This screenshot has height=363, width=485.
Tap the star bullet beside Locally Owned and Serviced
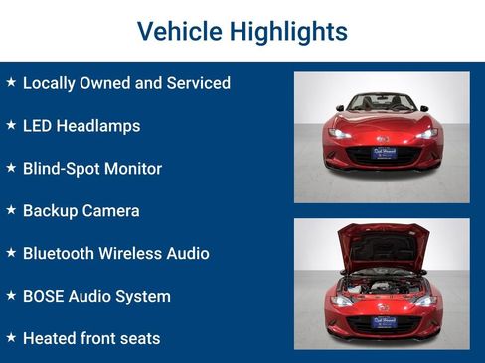coord(11,82)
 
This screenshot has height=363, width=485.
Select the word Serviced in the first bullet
coord(196,83)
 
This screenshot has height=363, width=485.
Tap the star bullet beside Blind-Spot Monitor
coord(11,168)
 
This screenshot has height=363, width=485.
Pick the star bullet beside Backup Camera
coord(11,210)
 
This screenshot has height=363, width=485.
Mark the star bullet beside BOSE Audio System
coord(11,296)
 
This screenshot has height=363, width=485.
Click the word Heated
coord(50,339)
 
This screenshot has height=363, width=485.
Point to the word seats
coord(138,339)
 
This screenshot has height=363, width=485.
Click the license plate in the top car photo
coord(384,153)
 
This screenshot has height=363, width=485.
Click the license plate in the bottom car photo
coord(384,321)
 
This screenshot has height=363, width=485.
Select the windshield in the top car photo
coord(383,102)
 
